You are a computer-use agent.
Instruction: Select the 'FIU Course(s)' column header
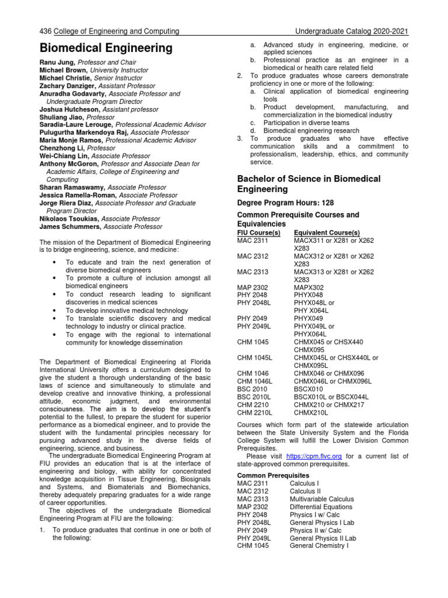click(258, 232)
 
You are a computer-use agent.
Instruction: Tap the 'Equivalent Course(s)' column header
click(327, 232)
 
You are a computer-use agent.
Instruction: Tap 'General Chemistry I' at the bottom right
click(318, 546)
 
